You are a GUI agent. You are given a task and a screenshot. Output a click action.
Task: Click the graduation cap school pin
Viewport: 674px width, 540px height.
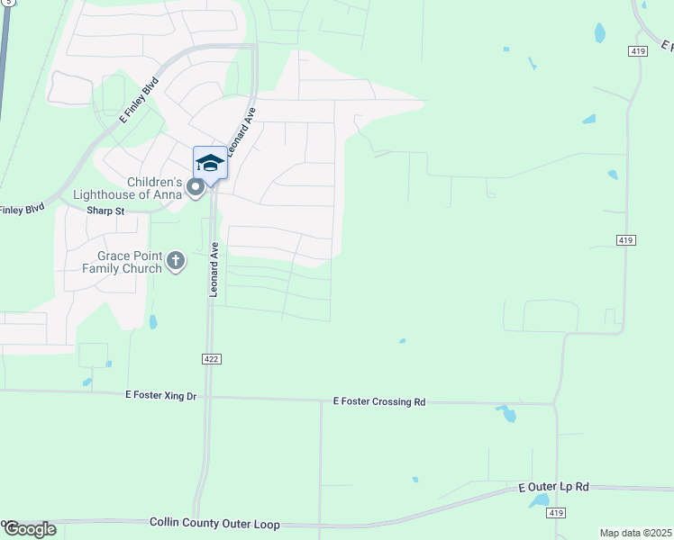tap(210, 163)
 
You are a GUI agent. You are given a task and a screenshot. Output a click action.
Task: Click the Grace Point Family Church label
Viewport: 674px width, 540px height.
tap(123, 262)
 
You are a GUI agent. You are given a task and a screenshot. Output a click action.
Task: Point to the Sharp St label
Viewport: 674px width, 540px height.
tap(105, 211)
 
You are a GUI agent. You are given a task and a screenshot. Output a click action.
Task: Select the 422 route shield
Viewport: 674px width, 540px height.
tap(211, 359)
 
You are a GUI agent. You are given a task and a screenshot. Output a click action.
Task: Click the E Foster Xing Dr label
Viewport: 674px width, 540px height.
tap(161, 395)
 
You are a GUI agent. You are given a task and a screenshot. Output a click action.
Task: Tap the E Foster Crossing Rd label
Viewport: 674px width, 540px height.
tap(378, 401)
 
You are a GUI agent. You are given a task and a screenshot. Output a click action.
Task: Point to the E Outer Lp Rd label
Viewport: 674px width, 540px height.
tap(553, 487)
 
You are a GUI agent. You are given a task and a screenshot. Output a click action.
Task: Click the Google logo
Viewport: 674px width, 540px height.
tap(29, 529)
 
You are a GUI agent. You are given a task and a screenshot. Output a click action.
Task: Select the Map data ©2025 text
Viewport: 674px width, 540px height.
tap(635, 533)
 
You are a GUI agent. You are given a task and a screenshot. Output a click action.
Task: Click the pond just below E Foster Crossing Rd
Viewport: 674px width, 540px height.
tap(505, 414)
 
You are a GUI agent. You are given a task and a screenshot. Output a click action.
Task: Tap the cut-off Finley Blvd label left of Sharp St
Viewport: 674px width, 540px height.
tap(22, 210)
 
